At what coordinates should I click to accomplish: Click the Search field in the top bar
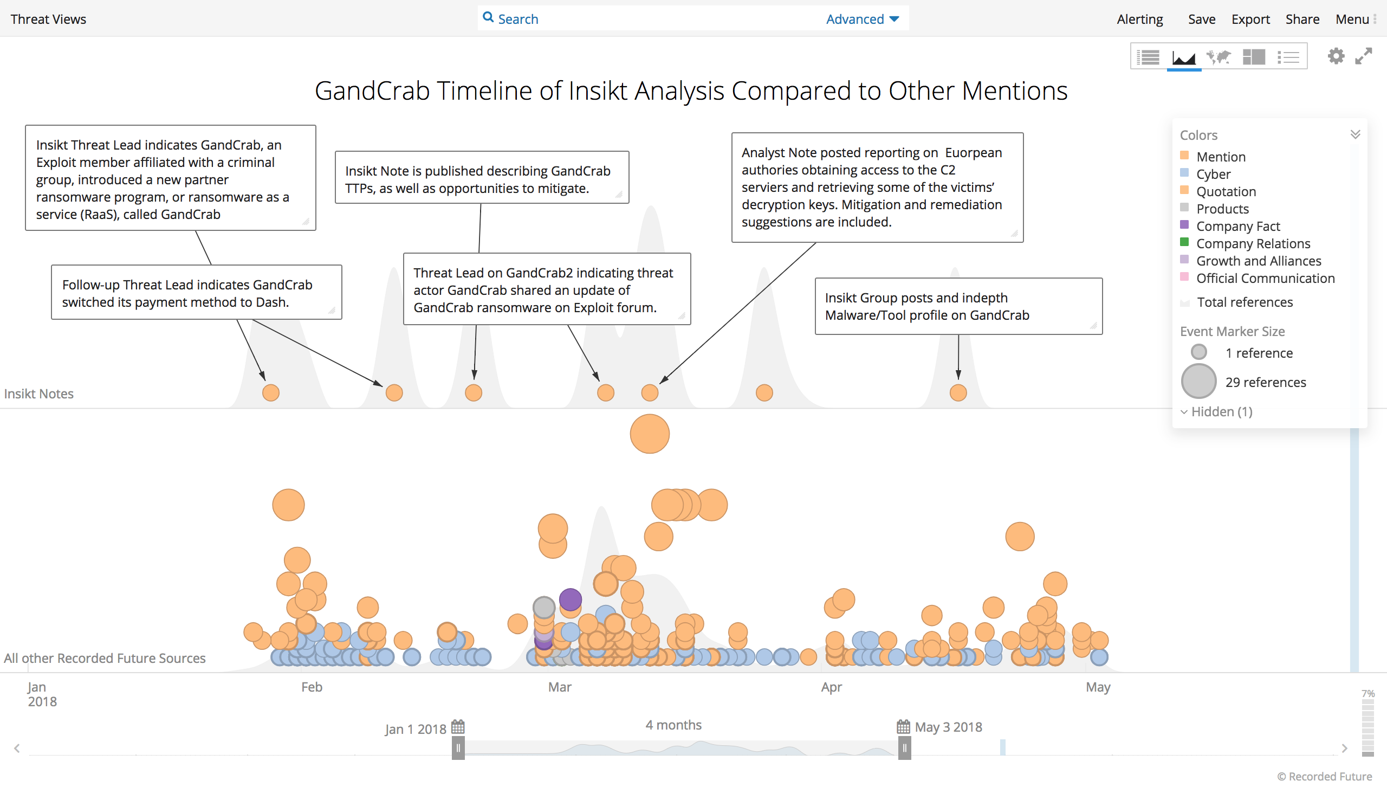(650, 19)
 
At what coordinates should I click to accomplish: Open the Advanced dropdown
(863, 19)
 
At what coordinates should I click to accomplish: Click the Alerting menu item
(1140, 19)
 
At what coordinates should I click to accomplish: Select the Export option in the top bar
(1250, 19)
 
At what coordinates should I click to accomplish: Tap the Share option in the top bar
(1302, 19)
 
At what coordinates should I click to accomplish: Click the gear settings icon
(1336, 56)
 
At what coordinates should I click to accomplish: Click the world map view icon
(1219, 56)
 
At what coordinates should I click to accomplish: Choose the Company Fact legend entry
(1237, 226)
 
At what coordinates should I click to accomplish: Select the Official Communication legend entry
(1265, 278)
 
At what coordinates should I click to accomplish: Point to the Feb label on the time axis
(312, 687)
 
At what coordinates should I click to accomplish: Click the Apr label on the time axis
(832, 687)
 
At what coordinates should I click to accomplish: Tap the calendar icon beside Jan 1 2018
(458, 727)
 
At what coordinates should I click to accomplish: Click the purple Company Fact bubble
(571, 599)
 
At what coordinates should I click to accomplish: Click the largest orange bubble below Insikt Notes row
(650, 434)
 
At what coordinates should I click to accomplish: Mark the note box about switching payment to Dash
(197, 292)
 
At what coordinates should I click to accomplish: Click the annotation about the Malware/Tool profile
(958, 306)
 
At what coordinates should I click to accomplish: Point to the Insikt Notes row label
(39, 393)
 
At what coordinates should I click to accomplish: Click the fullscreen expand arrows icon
(1363, 56)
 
